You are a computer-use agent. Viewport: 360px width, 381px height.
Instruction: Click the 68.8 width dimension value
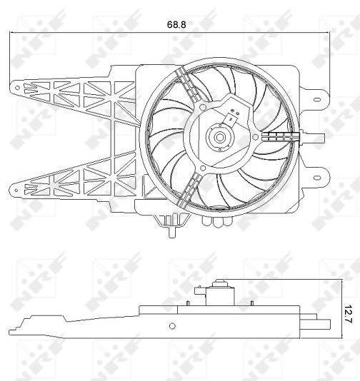[x=176, y=24]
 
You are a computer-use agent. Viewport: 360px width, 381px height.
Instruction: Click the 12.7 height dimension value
[x=348, y=312]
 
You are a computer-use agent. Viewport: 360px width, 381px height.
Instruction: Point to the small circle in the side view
[x=171, y=326]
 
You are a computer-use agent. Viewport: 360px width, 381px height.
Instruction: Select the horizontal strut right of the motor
[x=279, y=136]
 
